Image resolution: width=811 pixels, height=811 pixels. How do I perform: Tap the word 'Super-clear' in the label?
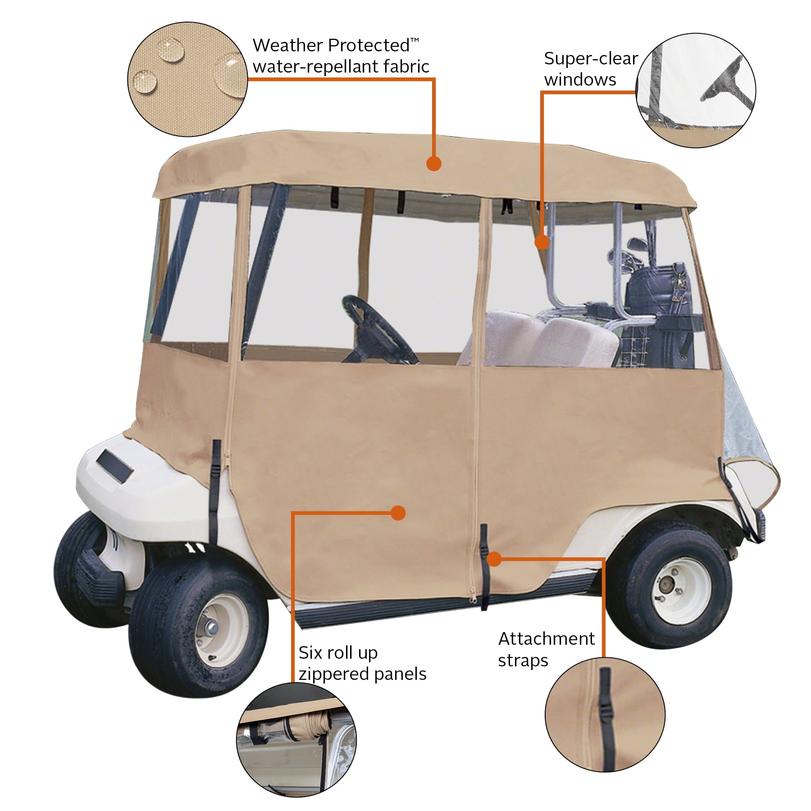coord(591,59)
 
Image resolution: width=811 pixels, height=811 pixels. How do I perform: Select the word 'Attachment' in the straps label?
coord(546,638)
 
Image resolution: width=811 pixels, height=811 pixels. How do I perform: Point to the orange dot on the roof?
coord(433,163)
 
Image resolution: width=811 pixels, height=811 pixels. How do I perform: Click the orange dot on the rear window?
coord(542,242)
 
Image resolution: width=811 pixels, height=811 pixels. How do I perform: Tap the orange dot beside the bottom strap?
coord(494,559)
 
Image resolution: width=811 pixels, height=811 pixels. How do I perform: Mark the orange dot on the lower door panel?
coord(398,513)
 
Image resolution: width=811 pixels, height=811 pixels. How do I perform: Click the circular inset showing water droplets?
coord(188,79)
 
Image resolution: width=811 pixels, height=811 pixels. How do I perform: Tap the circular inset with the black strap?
coord(605,714)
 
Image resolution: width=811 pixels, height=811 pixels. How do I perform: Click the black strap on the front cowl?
coord(215,491)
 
